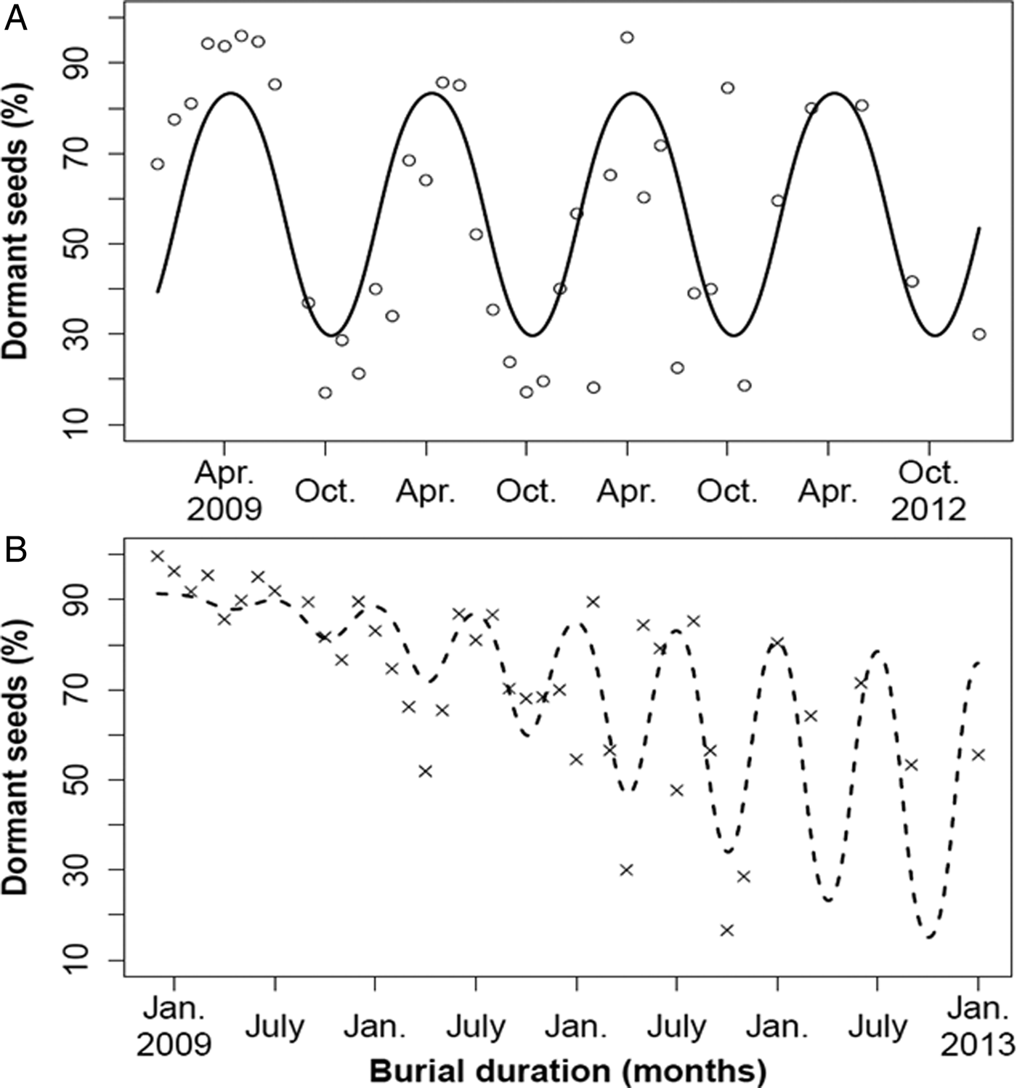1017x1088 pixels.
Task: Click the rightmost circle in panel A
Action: click(979, 334)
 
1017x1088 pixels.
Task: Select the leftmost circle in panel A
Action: click(158, 164)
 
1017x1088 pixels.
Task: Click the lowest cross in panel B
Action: click(727, 930)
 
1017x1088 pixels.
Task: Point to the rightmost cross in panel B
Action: click(978, 755)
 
